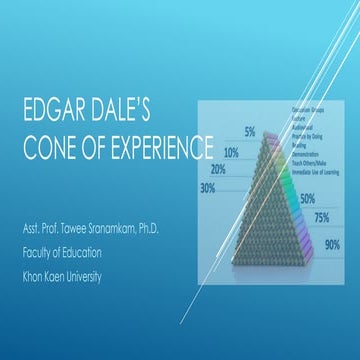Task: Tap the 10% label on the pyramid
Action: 231,152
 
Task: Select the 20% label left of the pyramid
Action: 218,170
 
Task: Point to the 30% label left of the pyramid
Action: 208,187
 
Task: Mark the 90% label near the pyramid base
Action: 332,243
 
